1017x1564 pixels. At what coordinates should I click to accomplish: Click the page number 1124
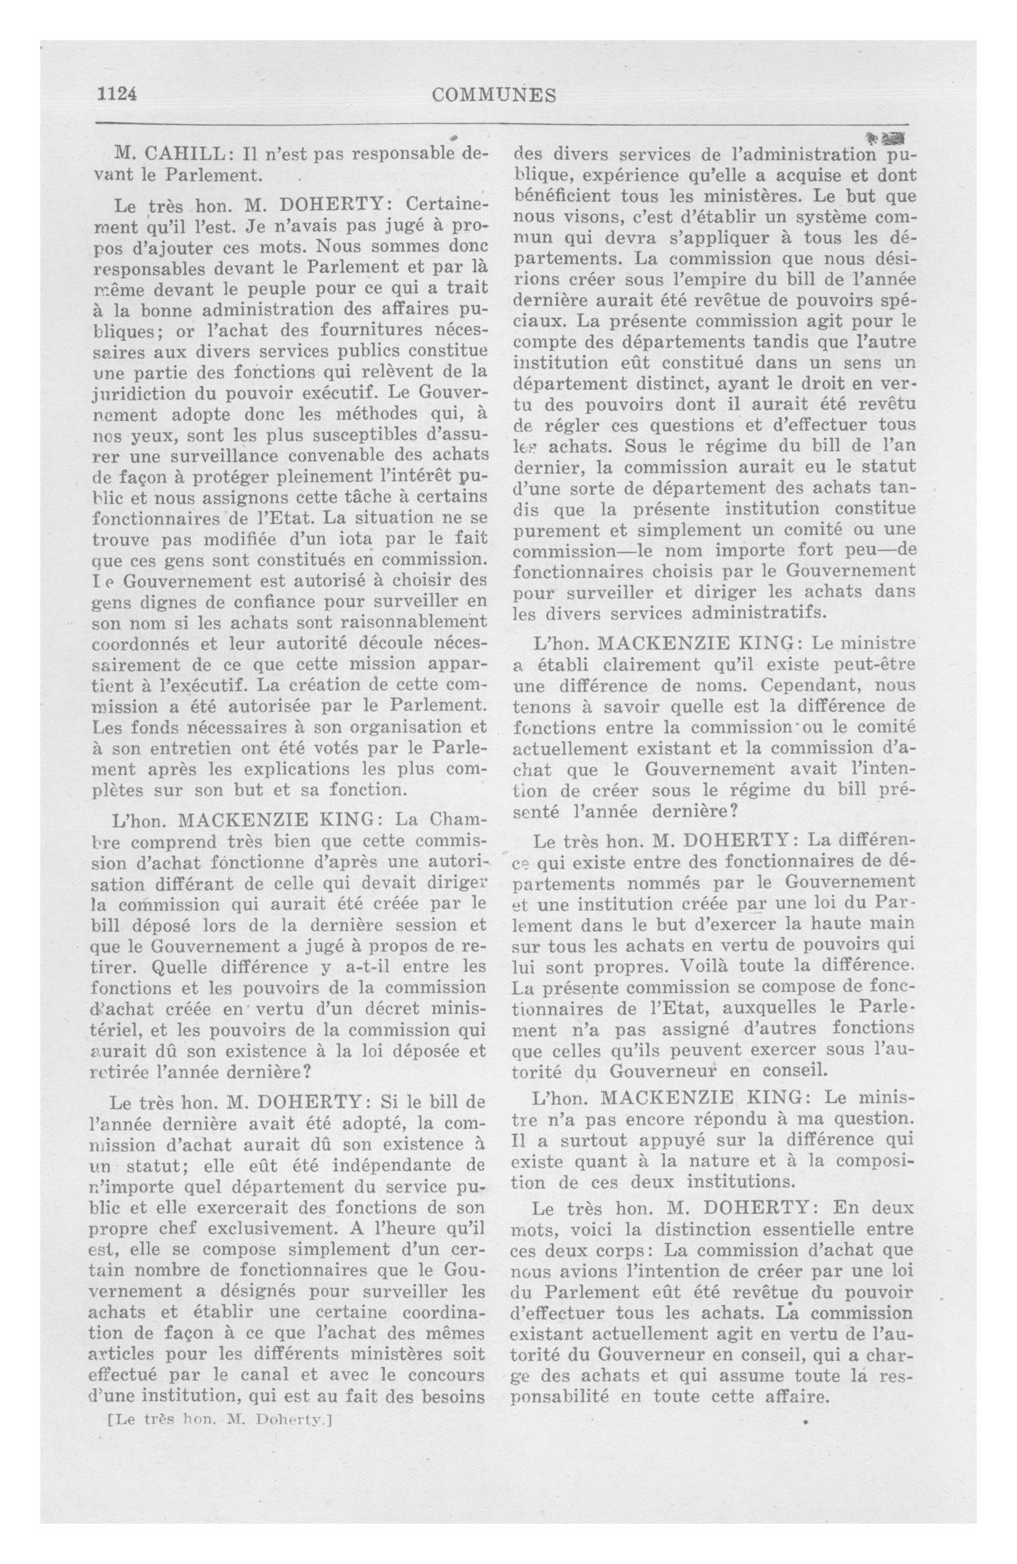pyautogui.click(x=117, y=95)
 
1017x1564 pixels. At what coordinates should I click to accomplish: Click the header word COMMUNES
pyautogui.click(x=494, y=96)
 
